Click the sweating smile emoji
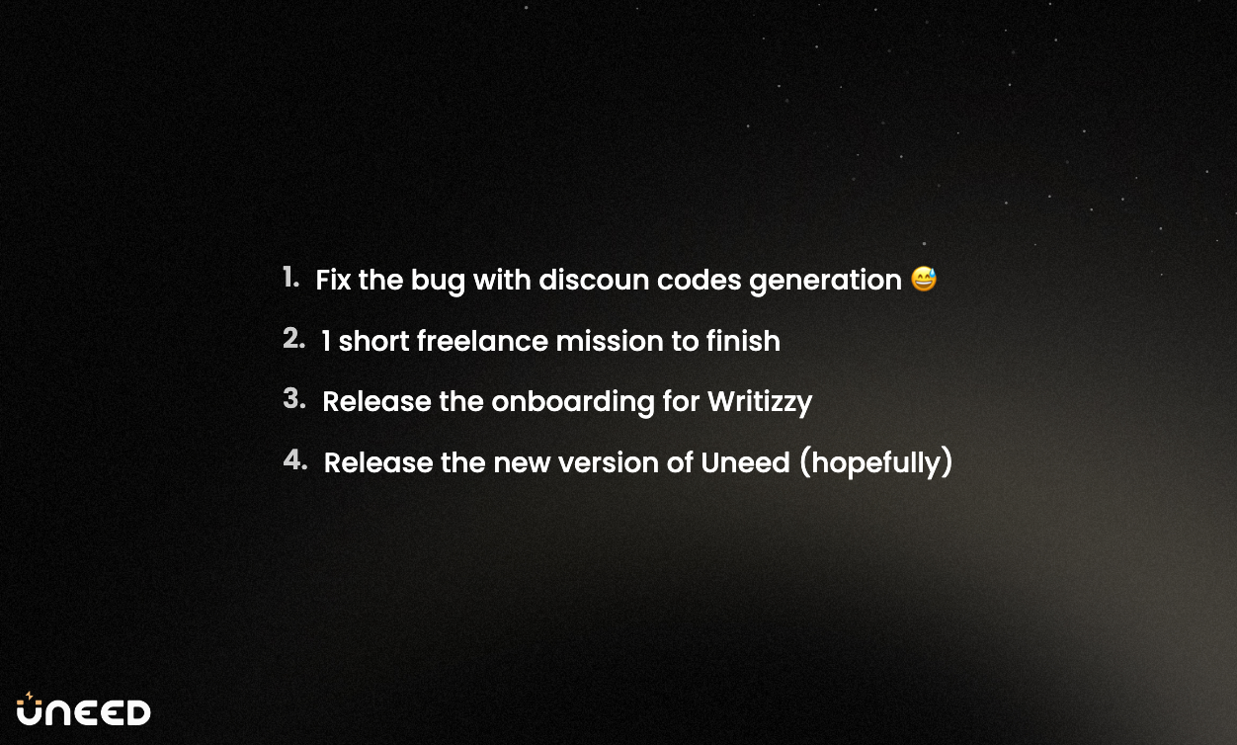tap(924, 279)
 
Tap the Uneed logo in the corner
tap(83, 708)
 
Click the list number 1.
tap(290, 277)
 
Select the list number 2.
tap(293, 338)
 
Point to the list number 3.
tap(293, 398)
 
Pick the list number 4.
tap(294, 459)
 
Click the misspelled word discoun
tap(594, 280)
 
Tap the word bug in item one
tap(438, 281)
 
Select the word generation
tap(825, 281)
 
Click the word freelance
tap(482, 340)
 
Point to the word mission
tap(610, 341)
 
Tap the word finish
tap(743, 340)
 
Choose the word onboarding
tap(573, 402)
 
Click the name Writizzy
tap(760, 402)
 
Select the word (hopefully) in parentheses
tap(875, 462)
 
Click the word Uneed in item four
tap(746, 462)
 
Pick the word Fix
tap(333, 280)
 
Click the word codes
tap(700, 280)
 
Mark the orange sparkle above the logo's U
tap(30, 696)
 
